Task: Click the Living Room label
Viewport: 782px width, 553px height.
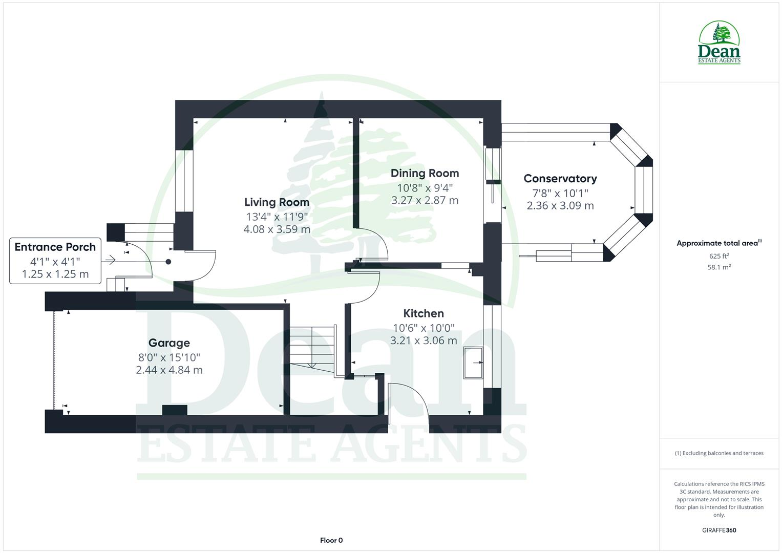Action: coord(277,202)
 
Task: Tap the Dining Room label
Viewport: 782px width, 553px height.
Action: coord(425,173)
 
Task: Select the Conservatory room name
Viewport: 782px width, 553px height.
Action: coord(560,179)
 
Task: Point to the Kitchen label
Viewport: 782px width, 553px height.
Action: coord(423,313)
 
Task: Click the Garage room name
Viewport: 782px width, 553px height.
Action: coord(169,343)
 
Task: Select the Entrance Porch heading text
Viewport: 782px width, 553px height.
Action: coord(55,247)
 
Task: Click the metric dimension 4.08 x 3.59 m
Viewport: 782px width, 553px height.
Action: coord(277,229)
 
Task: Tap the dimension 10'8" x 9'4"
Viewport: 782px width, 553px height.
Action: coord(425,187)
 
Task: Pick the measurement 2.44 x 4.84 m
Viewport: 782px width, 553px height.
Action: coord(169,370)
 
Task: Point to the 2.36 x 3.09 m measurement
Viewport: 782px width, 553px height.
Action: coord(560,206)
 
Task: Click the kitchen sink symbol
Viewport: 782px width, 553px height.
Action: coord(473,363)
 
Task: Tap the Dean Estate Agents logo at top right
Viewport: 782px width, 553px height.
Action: coord(719,43)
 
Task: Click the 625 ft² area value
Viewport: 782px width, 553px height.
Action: coord(718,256)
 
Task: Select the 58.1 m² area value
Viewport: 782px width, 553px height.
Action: coord(718,267)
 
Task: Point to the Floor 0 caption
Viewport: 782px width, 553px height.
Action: coord(331,540)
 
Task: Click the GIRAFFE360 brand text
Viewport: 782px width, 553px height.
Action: coord(718,530)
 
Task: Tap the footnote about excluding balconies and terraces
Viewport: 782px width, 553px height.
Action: coord(718,453)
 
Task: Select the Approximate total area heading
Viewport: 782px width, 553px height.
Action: coord(718,243)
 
